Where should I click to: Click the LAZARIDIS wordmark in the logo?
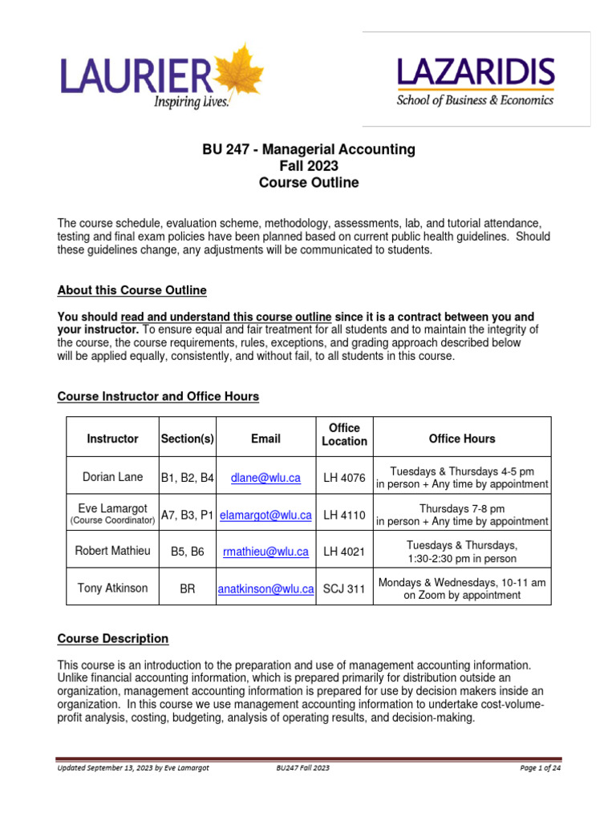point(476,75)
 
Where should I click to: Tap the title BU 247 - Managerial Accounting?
point(309,149)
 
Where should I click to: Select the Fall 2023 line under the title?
point(309,166)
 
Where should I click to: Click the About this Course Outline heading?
point(132,290)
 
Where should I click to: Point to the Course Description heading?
point(113,639)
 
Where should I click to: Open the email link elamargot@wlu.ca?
point(265,516)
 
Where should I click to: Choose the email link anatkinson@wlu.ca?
point(265,588)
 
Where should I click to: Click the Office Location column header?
point(344,435)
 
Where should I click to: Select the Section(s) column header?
point(188,439)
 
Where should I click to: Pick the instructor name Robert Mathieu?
point(112,552)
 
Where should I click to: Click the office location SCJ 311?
point(344,588)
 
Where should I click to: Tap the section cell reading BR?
point(188,588)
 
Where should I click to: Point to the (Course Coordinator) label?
point(112,521)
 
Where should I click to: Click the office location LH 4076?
point(344,478)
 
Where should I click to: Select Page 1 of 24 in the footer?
point(540,768)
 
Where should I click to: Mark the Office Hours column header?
point(462,439)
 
